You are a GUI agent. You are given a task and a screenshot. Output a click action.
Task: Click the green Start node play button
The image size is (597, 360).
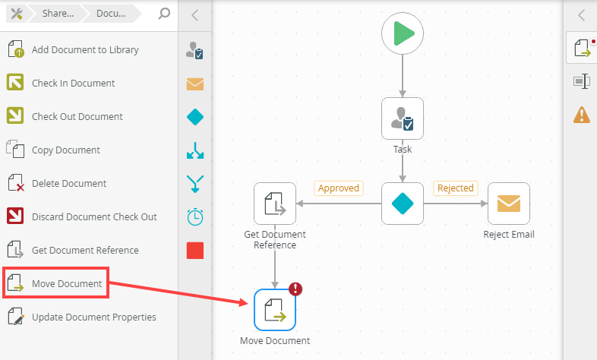403,33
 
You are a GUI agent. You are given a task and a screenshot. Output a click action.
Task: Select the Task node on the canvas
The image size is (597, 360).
403,118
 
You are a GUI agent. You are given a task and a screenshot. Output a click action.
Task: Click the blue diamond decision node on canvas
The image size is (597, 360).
403,204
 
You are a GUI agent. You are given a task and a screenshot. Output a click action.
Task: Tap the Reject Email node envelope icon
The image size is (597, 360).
509,204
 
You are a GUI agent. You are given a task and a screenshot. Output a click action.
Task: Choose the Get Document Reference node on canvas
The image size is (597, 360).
275,204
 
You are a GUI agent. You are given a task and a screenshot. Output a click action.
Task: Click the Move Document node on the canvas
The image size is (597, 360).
275,310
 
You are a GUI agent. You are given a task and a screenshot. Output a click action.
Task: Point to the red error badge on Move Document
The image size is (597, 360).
295,289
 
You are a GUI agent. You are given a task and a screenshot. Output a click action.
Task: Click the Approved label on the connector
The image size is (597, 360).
339,188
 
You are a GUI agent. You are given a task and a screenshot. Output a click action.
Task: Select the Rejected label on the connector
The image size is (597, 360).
455,188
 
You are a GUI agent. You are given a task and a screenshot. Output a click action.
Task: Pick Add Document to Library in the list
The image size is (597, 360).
85,50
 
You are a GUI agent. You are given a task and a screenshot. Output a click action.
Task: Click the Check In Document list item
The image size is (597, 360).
73,84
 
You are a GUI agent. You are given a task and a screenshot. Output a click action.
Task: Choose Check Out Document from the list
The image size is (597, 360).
77,117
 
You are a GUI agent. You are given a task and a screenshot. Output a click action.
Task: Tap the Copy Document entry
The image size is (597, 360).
65,150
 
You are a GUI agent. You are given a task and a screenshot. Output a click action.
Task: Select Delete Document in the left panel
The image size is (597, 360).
68,184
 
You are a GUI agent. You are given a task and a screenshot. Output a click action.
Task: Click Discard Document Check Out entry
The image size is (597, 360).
94,217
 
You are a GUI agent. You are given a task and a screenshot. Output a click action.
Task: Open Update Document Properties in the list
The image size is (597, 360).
93,317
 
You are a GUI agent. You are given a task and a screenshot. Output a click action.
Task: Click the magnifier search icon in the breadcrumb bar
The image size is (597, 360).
164,14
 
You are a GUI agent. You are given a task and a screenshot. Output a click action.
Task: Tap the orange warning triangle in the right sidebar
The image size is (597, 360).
582,115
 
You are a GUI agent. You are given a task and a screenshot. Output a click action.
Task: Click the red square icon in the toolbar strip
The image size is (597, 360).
195,250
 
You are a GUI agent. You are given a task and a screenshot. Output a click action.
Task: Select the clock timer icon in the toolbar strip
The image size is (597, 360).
195,216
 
